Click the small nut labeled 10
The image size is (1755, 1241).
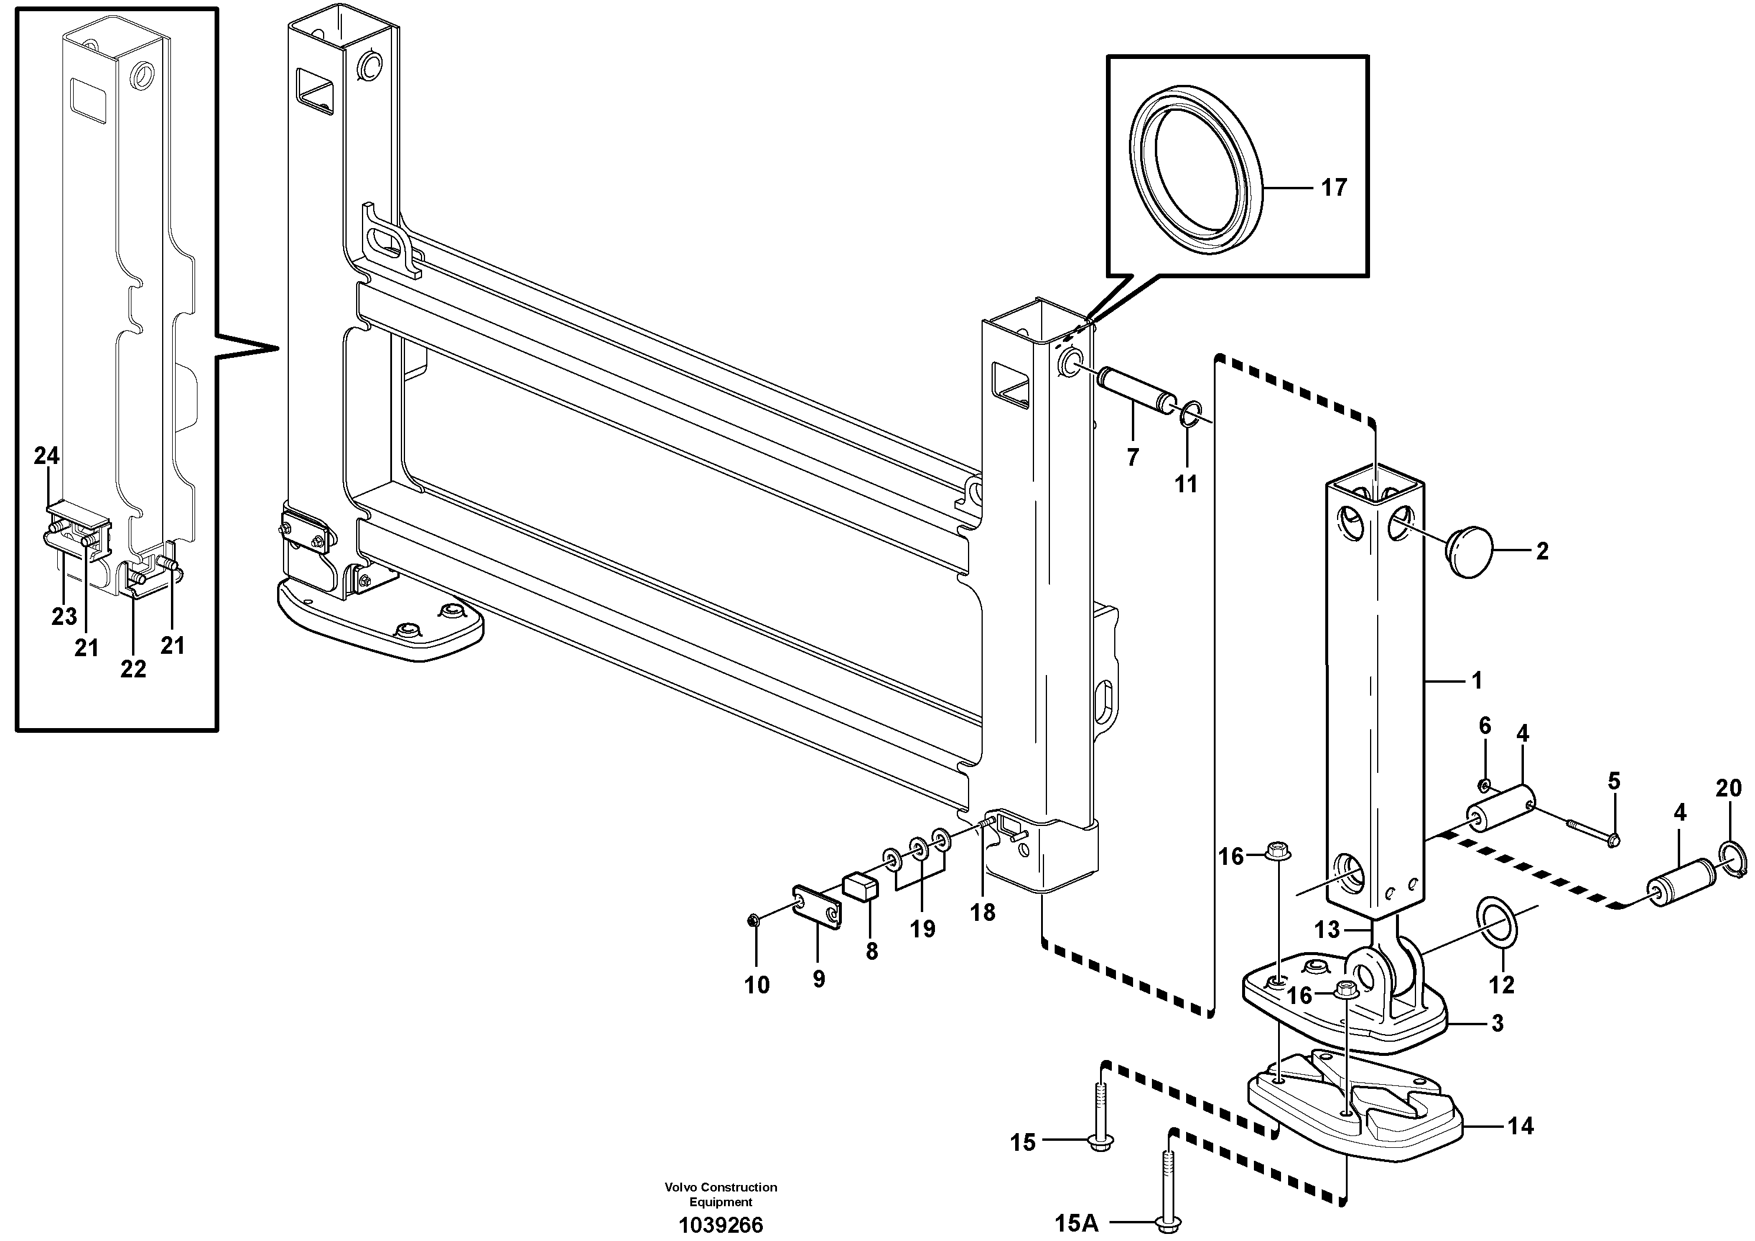(x=753, y=921)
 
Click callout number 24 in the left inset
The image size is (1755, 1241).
(x=47, y=456)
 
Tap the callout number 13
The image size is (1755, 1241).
(x=1327, y=929)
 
